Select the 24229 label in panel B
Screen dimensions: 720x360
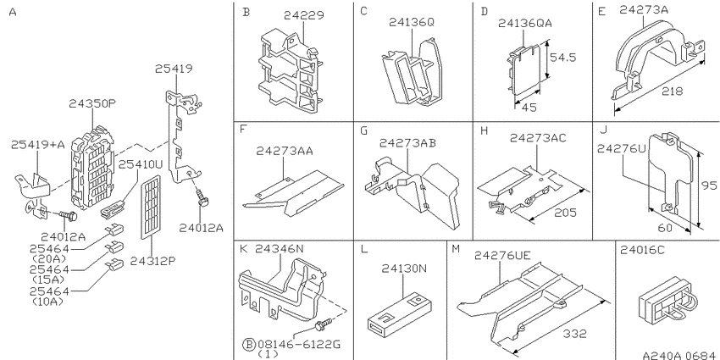point(303,15)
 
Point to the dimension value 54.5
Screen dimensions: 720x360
point(563,58)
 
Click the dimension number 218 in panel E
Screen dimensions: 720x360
point(673,91)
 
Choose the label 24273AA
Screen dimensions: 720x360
point(285,151)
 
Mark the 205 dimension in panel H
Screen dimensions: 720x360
point(565,213)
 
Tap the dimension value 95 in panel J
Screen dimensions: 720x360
point(710,186)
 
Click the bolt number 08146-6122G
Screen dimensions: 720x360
point(299,344)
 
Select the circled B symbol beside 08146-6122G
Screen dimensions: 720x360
point(248,344)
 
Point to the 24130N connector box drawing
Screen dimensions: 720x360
point(402,313)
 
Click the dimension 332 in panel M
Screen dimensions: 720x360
point(575,334)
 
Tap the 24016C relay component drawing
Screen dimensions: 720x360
point(667,298)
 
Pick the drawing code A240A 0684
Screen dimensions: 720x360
point(679,355)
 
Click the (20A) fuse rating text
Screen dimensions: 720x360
point(48,258)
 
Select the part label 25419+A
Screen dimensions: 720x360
point(38,145)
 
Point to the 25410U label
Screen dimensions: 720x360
point(141,164)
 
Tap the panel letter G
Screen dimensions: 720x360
point(364,130)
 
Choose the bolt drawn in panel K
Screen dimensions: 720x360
point(323,327)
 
